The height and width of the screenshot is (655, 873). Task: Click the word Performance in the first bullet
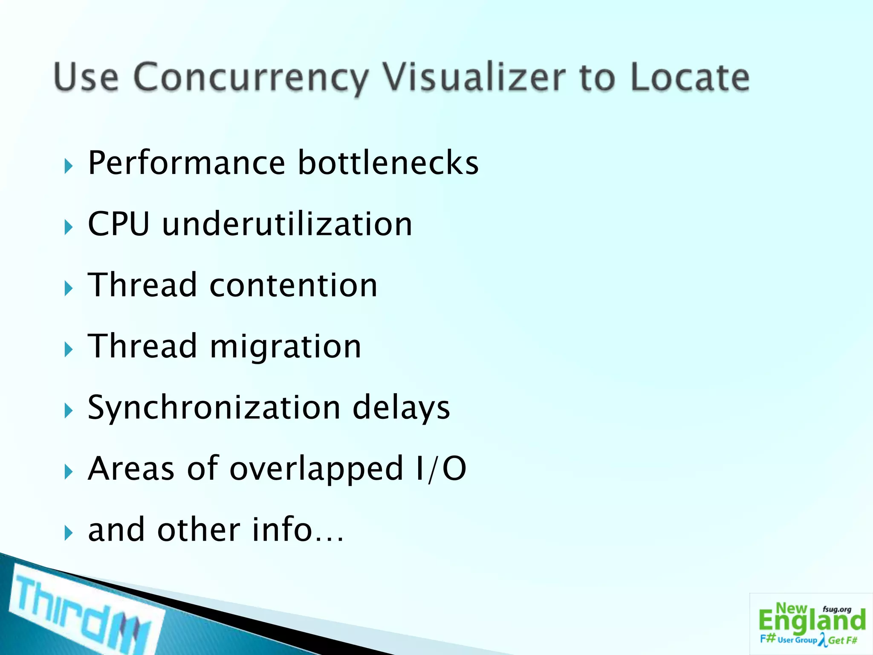pos(186,163)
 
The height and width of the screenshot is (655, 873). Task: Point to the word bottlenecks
pos(388,163)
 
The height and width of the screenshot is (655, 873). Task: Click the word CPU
pos(119,224)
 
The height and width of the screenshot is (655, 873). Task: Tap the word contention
pos(293,285)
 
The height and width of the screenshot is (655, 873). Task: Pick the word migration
pos(286,346)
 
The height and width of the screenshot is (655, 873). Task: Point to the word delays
pos(401,407)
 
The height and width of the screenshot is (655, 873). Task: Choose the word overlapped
pos(316,469)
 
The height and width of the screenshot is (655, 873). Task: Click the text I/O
pos(441,468)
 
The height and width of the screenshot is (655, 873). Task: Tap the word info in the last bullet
pos(282,530)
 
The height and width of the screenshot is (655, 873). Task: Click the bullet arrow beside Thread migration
pos(68,350)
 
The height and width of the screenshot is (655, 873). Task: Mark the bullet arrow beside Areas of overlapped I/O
pos(68,472)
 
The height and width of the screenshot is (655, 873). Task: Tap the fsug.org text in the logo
pos(837,609)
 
